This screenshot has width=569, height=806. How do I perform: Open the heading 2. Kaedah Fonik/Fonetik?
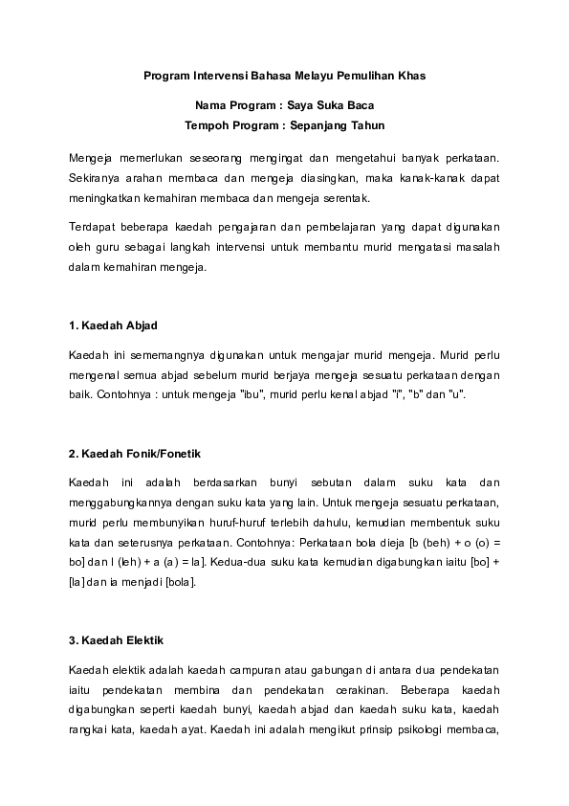(x=135, y=453)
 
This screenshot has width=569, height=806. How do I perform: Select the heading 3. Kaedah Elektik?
(x=115, y=638)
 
